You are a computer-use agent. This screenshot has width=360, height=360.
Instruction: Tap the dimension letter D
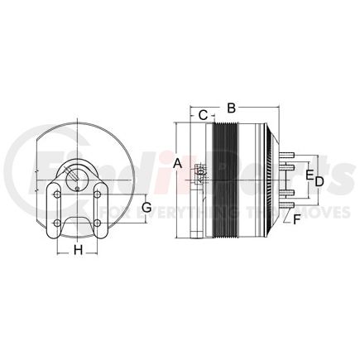(317, 179)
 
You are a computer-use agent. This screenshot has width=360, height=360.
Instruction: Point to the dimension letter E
(308, 177)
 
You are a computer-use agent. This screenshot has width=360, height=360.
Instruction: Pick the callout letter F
(296, 219)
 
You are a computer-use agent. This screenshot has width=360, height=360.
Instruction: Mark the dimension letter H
(78, 249)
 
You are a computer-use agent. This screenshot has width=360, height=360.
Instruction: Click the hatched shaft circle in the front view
(78, 173)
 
